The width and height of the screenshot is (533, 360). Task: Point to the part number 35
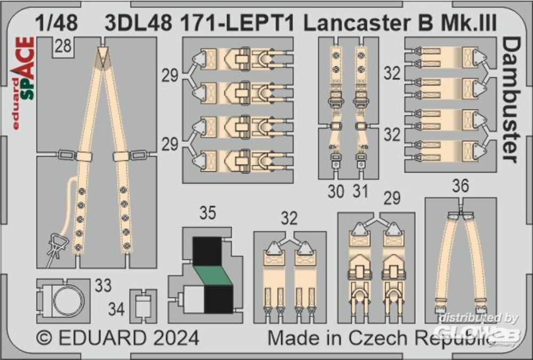tap(207, 214)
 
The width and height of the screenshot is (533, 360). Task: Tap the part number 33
tap(103, 285)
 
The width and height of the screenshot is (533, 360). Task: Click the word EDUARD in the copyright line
tap(101, 338)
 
